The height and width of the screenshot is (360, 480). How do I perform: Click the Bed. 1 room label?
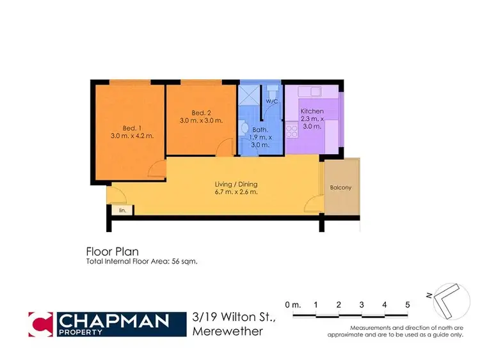click(x=132, y=127)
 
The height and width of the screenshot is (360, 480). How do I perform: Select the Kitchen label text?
click(x=312, y=111)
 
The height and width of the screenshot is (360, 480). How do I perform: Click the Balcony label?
click(x=340, y=187)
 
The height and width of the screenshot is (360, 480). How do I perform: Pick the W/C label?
click(x=271, y=101)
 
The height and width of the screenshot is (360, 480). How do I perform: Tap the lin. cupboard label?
click(x=122, y=209)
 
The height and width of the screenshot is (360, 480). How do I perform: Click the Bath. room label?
click(x=260, y=129)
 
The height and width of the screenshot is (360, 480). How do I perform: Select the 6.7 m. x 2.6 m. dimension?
click(x=236, y=192)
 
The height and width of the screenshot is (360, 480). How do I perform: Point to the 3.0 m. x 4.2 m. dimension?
click(x=132, y=136)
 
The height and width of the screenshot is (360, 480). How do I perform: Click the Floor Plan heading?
click(x=112, y=251)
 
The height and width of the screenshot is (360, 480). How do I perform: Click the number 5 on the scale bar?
click(x=407, y=304)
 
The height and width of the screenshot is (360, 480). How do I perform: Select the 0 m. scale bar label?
click(x=292, y=304)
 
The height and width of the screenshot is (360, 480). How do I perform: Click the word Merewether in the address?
click(x=228, y=331)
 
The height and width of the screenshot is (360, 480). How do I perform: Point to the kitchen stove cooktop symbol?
click(x=292, y=130)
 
